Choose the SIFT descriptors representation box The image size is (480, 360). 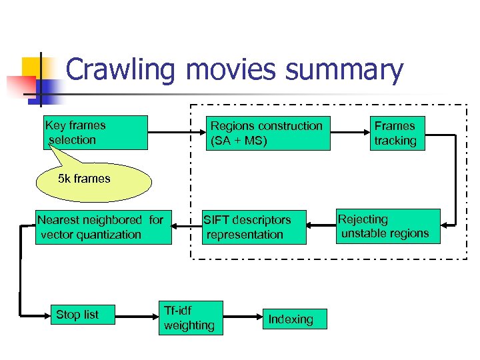[254, 227]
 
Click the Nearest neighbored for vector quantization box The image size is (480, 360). [103, 227]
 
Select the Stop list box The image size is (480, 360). [77, 315]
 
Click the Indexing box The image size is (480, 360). [291, 319]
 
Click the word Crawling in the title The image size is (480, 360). [120, 70]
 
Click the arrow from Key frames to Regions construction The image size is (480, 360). [175, 133]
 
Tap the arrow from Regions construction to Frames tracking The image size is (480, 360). [350, 133]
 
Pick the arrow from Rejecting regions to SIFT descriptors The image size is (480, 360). [321, 227]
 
